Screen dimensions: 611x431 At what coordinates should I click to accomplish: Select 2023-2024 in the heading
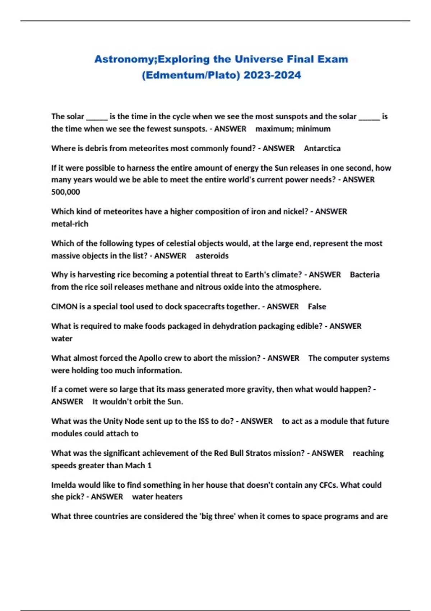point(272,75)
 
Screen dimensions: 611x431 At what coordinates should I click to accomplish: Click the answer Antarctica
point(322,148)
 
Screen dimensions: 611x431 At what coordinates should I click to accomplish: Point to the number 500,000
point(66,192)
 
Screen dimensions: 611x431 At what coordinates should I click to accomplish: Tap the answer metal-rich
point(70,224)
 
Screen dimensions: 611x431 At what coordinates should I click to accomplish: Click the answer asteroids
point(212,256)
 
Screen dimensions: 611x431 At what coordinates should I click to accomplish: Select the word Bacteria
point(365,275)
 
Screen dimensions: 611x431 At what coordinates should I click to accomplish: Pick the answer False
point(317,307)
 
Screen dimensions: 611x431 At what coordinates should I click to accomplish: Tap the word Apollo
point(150,358)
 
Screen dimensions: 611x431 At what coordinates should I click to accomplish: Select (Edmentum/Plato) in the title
point(191,75)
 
